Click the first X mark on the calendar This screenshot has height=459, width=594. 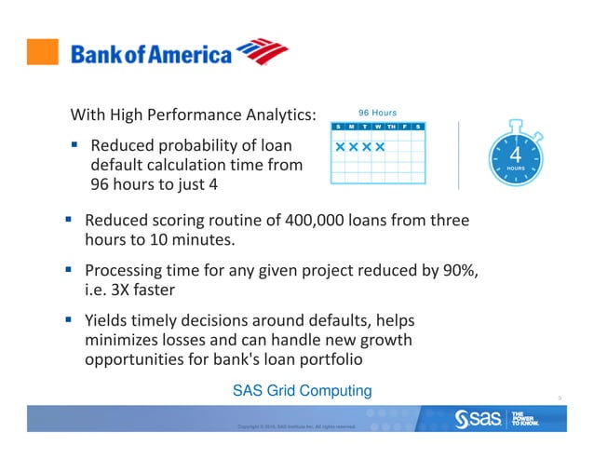coord(341,147)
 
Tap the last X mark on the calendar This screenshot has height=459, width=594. coord(380,147)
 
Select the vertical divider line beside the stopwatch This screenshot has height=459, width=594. coord(458,155)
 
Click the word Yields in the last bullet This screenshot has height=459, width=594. coord(108,318)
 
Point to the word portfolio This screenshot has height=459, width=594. coord(322,359)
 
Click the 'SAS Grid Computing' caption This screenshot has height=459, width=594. coord(302,390)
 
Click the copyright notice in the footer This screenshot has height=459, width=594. coord(296,427)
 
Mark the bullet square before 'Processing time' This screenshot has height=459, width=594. coord(69,270)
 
